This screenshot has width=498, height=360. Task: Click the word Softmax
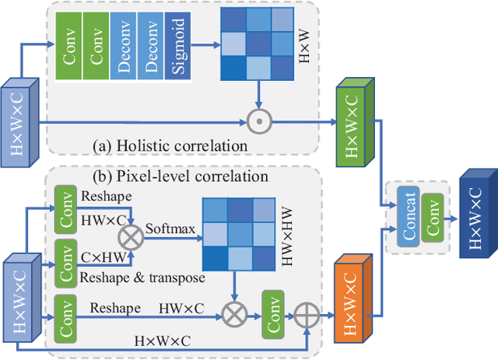(x=168, y=231)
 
